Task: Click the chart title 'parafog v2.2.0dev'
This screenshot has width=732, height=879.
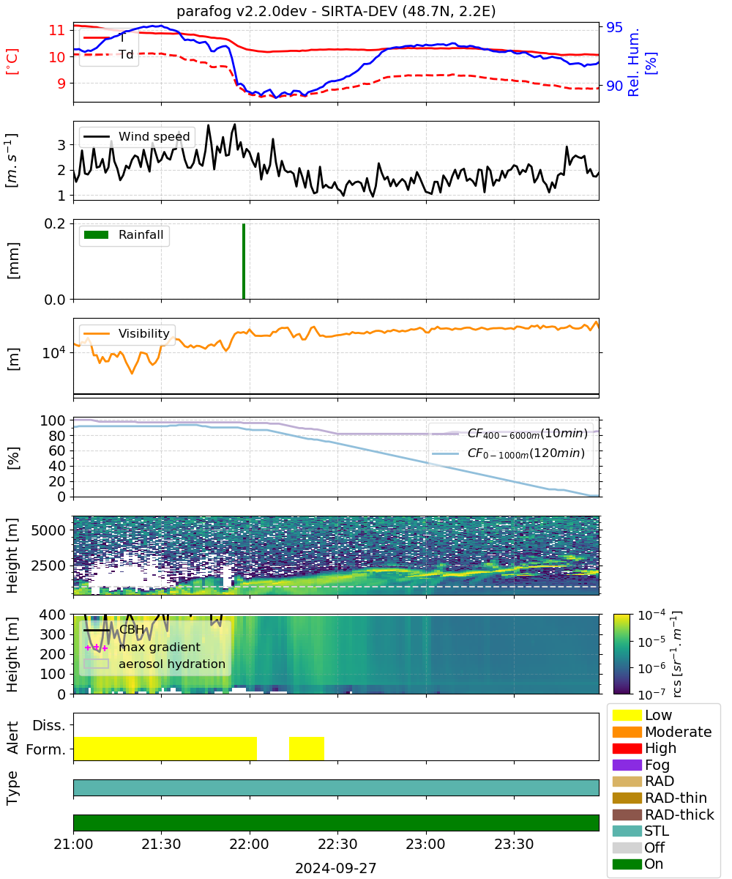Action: (242, 11)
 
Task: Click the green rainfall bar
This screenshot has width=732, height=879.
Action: (244, 261)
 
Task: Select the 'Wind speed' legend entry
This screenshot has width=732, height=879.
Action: (137, 136)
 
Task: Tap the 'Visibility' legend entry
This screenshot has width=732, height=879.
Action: (127, 333)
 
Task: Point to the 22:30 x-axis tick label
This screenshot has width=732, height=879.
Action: (337, 844)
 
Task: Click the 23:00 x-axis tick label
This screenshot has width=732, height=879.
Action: (425, 844)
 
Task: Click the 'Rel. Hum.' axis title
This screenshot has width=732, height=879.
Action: (633, 62)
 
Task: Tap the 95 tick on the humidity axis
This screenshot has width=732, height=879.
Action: (614, 27)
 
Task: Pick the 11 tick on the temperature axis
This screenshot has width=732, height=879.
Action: (57, 30)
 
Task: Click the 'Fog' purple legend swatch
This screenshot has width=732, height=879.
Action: (627, 765)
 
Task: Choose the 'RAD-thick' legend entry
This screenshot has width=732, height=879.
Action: (663, 815)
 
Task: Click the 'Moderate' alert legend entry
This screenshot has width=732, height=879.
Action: (662, 732)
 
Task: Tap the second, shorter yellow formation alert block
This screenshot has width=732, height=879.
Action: (306, 748)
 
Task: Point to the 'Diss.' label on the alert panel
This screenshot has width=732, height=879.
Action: (49, 725)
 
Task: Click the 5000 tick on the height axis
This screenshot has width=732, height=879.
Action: (48, 530)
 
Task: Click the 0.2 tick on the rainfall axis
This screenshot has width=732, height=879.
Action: (55, 223)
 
